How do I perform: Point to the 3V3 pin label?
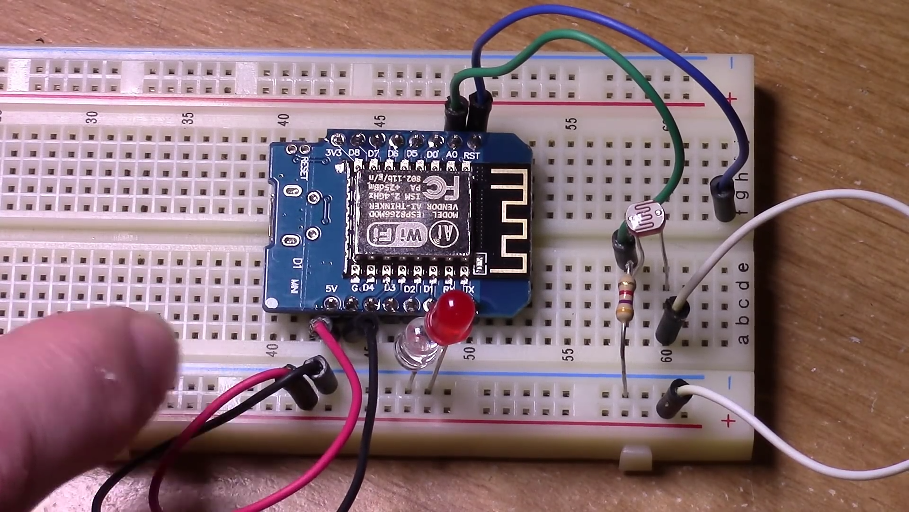(x=334, y=153)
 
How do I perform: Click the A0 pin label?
(x=452, y=155)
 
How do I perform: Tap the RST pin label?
(x=472, y=155)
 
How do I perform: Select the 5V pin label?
(x=331, y=288)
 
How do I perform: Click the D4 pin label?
(x=368, y=288)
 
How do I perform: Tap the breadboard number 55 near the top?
(x=573, y=124)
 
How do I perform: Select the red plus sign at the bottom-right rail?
(x=728, y=421)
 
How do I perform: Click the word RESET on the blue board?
(x=304, y=168)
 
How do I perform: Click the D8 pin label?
(x=354, y=153)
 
